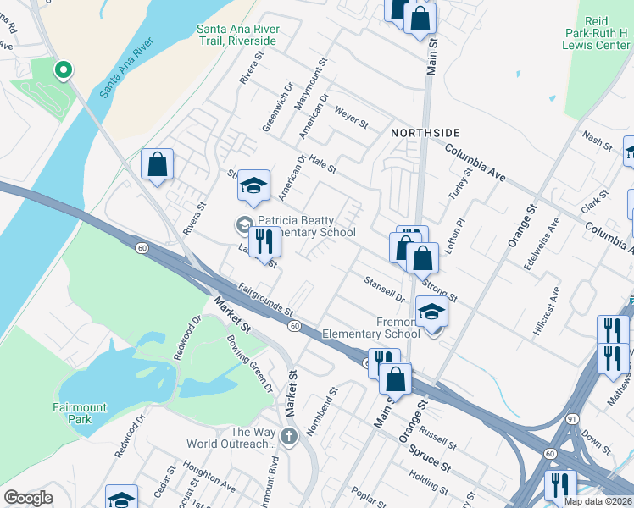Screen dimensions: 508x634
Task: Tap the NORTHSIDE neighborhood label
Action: pyautogui.click(x=425, y=133)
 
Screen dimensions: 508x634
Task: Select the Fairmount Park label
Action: pyautogui.click(x=80, y=413)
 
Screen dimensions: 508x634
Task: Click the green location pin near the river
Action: pyautogui.click(x=62, y=70)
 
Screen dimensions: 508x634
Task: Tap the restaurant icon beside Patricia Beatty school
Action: pyautogui.click(x=264, y=242)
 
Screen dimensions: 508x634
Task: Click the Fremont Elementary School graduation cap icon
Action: pyautogui.click(x=431, y=314)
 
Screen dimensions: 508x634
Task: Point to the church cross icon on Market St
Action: pyautogui.click(x=288, y=438)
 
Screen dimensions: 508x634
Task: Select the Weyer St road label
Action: pyautogui.click(x=351, y=118)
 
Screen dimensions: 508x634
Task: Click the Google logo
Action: pyautogui.click(x=28, y=498)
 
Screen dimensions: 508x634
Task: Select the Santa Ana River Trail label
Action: pyautogui.click(x=236, y=35)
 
